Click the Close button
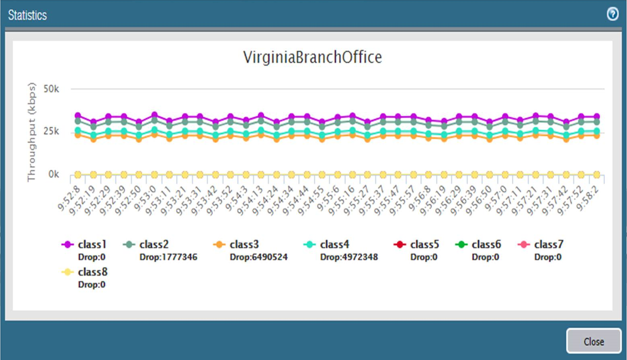point(594,341)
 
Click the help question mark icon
point(613,14)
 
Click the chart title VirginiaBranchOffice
point(312,57)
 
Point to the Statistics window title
point(27,15)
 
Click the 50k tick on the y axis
point(51,89)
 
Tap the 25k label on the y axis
point(51,132)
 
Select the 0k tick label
point(53,175)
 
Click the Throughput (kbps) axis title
point(31,132)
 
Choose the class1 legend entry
point(92,245)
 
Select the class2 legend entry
point(154,245)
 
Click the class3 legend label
point(244,245)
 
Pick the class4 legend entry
point(334,245)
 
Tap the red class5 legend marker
point(400,245)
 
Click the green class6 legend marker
point(461,245)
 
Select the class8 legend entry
point(92,272)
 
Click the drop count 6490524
point(258,257)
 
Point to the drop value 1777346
point(168,257)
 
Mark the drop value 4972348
point(349,257)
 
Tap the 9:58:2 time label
point(588,198)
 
